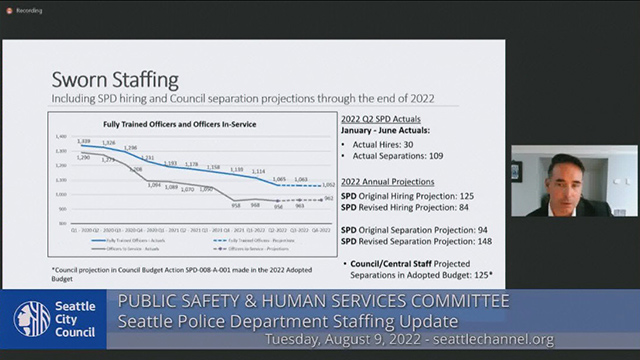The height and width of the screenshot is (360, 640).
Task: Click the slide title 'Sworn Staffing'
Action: (114, 78)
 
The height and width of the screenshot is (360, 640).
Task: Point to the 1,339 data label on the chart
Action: (85, 142)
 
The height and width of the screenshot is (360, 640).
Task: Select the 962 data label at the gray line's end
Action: (329, 199)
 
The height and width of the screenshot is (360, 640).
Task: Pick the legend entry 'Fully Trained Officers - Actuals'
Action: (130, 240)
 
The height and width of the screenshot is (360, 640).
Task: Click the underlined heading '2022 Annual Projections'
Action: (388, 182)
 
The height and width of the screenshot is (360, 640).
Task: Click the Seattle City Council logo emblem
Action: (31, 319)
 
